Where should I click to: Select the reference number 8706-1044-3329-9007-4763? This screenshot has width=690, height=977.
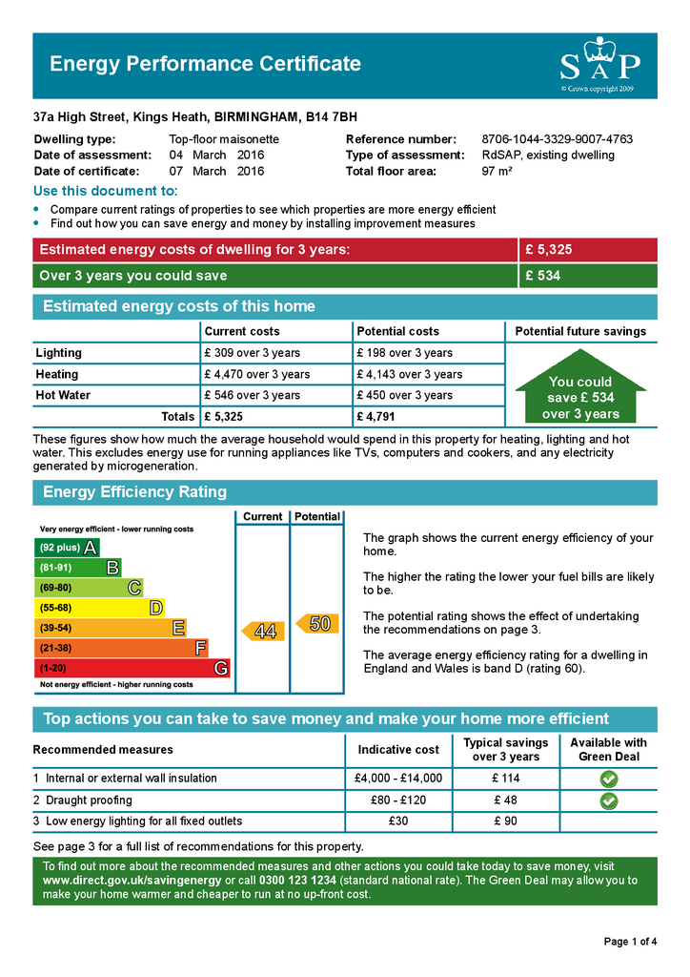pos(557,139)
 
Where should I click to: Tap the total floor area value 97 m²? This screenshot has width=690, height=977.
pos(497,172)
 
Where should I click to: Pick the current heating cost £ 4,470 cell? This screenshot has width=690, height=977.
pos(256,374)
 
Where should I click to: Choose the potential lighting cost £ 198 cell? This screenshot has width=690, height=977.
pos(404,353)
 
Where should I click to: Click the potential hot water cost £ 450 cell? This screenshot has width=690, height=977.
pos(404,395)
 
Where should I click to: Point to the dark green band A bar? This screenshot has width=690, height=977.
pos(67,548)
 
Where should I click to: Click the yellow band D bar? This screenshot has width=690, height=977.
pos(99,608)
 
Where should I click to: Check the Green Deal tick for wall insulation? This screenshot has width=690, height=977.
pos(608,779)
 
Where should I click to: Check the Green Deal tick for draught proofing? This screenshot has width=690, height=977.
pos(608,800)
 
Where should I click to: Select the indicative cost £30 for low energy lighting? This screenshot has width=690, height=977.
pos(398,821)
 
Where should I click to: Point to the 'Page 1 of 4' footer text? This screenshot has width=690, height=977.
pos(630,942)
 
